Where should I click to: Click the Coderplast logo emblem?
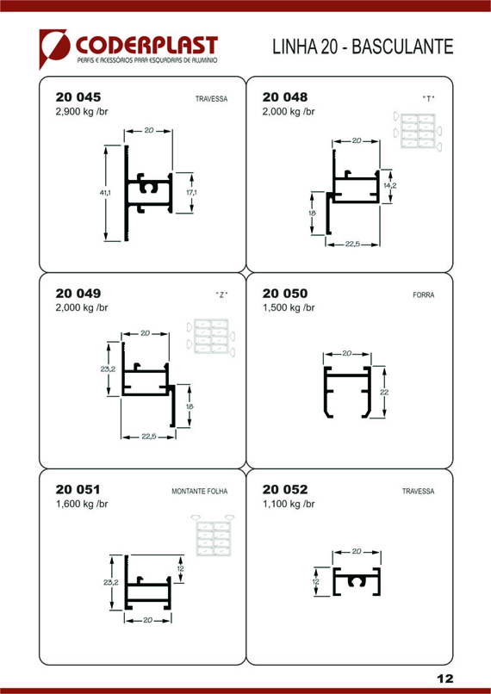53,48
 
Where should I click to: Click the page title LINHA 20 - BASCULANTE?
363,46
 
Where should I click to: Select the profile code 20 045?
78,96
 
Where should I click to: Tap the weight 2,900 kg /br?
82,111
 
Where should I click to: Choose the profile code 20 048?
285,96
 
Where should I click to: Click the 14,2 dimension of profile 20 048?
389,186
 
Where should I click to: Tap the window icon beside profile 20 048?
418,132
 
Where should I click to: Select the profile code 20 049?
78,293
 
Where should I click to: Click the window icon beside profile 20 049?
211,337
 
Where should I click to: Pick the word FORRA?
424,294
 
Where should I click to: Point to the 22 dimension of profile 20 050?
384,392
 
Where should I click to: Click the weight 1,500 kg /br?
289,307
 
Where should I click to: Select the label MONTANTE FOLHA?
200,492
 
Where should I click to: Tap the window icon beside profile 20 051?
213,536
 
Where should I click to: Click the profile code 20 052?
285,489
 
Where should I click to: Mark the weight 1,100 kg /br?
289,504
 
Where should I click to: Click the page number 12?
445,679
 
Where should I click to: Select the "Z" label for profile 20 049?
221,295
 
